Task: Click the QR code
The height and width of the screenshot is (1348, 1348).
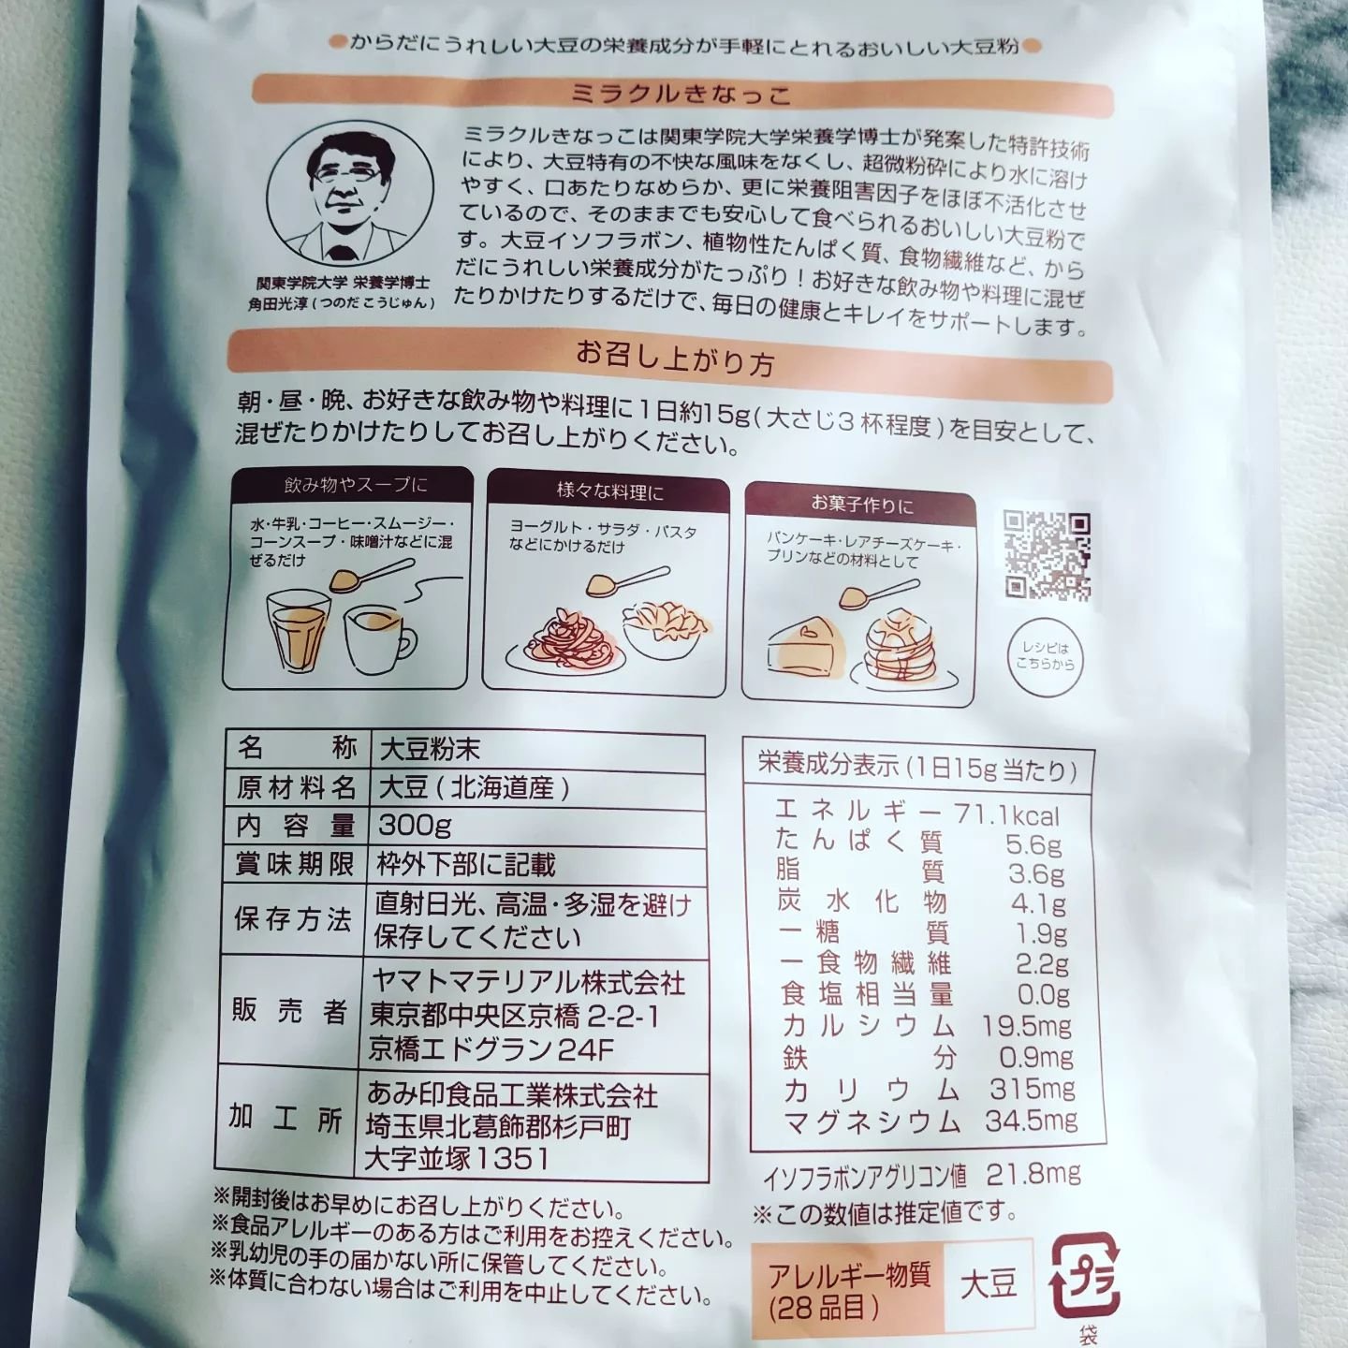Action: tap(1047, 556)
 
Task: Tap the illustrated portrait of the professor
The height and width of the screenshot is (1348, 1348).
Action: tap(350, 197)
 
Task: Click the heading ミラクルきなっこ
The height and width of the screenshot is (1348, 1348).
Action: tap(681, 95)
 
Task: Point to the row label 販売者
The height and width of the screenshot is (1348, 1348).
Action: tap(290, 1012)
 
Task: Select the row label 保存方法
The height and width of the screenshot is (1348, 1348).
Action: tap(292, 919)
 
